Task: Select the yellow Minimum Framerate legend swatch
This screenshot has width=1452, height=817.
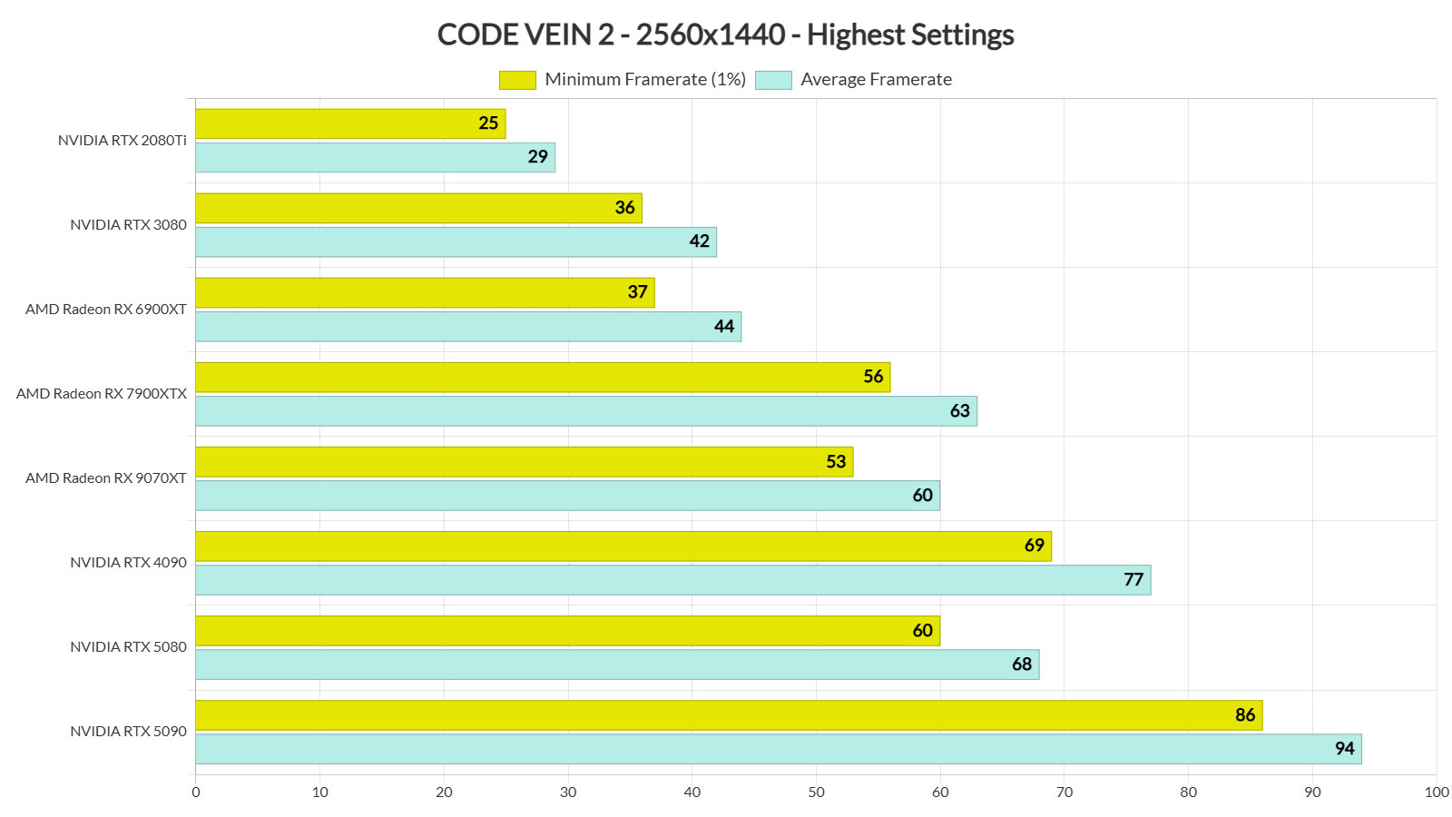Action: [x=517, y=80]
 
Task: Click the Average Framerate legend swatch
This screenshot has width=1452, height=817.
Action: [x=773, y=80]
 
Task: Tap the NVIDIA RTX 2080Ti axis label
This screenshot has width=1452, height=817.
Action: [x=123, y=141]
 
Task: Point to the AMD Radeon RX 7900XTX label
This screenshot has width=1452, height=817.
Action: [x=102, y=394]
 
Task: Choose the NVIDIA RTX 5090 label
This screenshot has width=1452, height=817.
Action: [x=129, y=732]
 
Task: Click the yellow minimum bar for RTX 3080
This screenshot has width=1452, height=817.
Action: [x=418, y=208]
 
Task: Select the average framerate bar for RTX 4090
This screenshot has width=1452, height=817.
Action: [x=672, y=580]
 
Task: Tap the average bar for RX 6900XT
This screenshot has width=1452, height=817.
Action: [x=468, y=327]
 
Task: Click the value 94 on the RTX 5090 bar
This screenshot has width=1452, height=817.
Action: [x=1344, y=749]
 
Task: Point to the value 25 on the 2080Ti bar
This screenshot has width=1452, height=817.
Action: [x=488, y=123]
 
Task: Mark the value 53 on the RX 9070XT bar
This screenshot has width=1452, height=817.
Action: [x=836, y=462]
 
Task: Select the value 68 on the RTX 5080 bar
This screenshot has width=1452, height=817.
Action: [x=1022, y=664]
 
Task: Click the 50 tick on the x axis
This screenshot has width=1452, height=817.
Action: [x=817, y=792]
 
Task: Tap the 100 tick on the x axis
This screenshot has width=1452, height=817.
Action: [x=1437, y=792]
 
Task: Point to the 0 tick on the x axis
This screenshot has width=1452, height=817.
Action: [x=196, y=792]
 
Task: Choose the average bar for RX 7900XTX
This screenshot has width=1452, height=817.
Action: [x=586, y=411]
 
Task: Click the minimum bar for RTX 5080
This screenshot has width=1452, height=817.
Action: [x=567, y=631]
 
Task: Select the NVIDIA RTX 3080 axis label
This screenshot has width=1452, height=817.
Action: [x=129, y=225]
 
